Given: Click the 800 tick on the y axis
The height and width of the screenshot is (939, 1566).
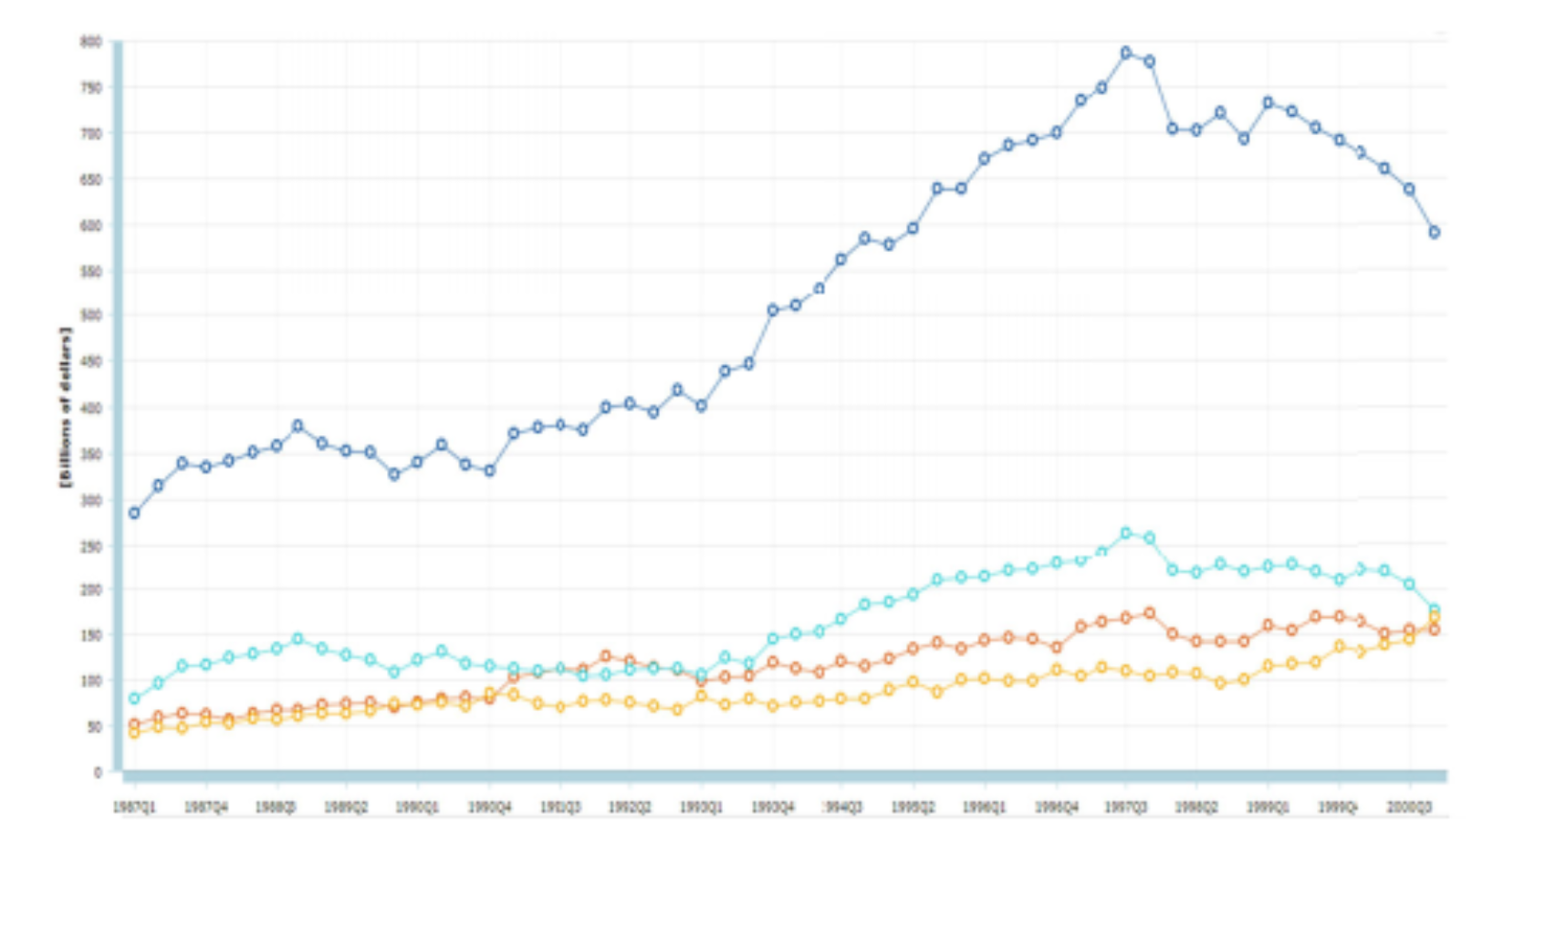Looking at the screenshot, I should coord(91,41).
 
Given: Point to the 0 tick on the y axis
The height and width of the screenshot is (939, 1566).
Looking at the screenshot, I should coord(98,772).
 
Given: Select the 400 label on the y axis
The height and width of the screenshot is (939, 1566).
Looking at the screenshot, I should coord(91,408).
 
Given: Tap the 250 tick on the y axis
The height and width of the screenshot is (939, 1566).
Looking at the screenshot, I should coord(91,547).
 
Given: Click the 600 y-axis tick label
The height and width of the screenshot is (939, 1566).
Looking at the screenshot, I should coord(91,225).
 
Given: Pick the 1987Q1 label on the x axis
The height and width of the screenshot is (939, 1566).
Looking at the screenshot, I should coord(134,808).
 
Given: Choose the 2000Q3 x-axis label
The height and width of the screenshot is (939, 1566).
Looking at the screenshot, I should coord(1409,808).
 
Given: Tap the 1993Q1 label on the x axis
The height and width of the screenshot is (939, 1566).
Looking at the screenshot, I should coord(701,808).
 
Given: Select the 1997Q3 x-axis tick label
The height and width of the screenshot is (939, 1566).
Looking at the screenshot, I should coord(1126,808).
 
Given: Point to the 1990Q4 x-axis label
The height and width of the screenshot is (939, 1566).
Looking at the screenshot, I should coord(489,808).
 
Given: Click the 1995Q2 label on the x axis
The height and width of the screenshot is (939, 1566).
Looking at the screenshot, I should coord(913,808).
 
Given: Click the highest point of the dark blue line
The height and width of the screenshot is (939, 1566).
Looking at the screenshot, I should coord(1126,53).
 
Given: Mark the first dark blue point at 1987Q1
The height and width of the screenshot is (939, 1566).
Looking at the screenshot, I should coord(134,513).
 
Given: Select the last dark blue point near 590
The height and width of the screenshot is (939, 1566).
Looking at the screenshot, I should coord(1435,233).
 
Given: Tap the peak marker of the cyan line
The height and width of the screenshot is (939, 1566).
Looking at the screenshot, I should coord(1126,533).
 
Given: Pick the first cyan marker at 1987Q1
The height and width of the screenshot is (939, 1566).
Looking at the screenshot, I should coord(134,698).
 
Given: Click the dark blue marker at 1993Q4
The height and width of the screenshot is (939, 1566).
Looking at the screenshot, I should coord(773,310).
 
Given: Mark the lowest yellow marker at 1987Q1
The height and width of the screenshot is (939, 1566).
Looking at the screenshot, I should coord(134,733).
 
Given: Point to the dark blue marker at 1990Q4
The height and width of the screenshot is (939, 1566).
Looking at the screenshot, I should coord(489,471).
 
